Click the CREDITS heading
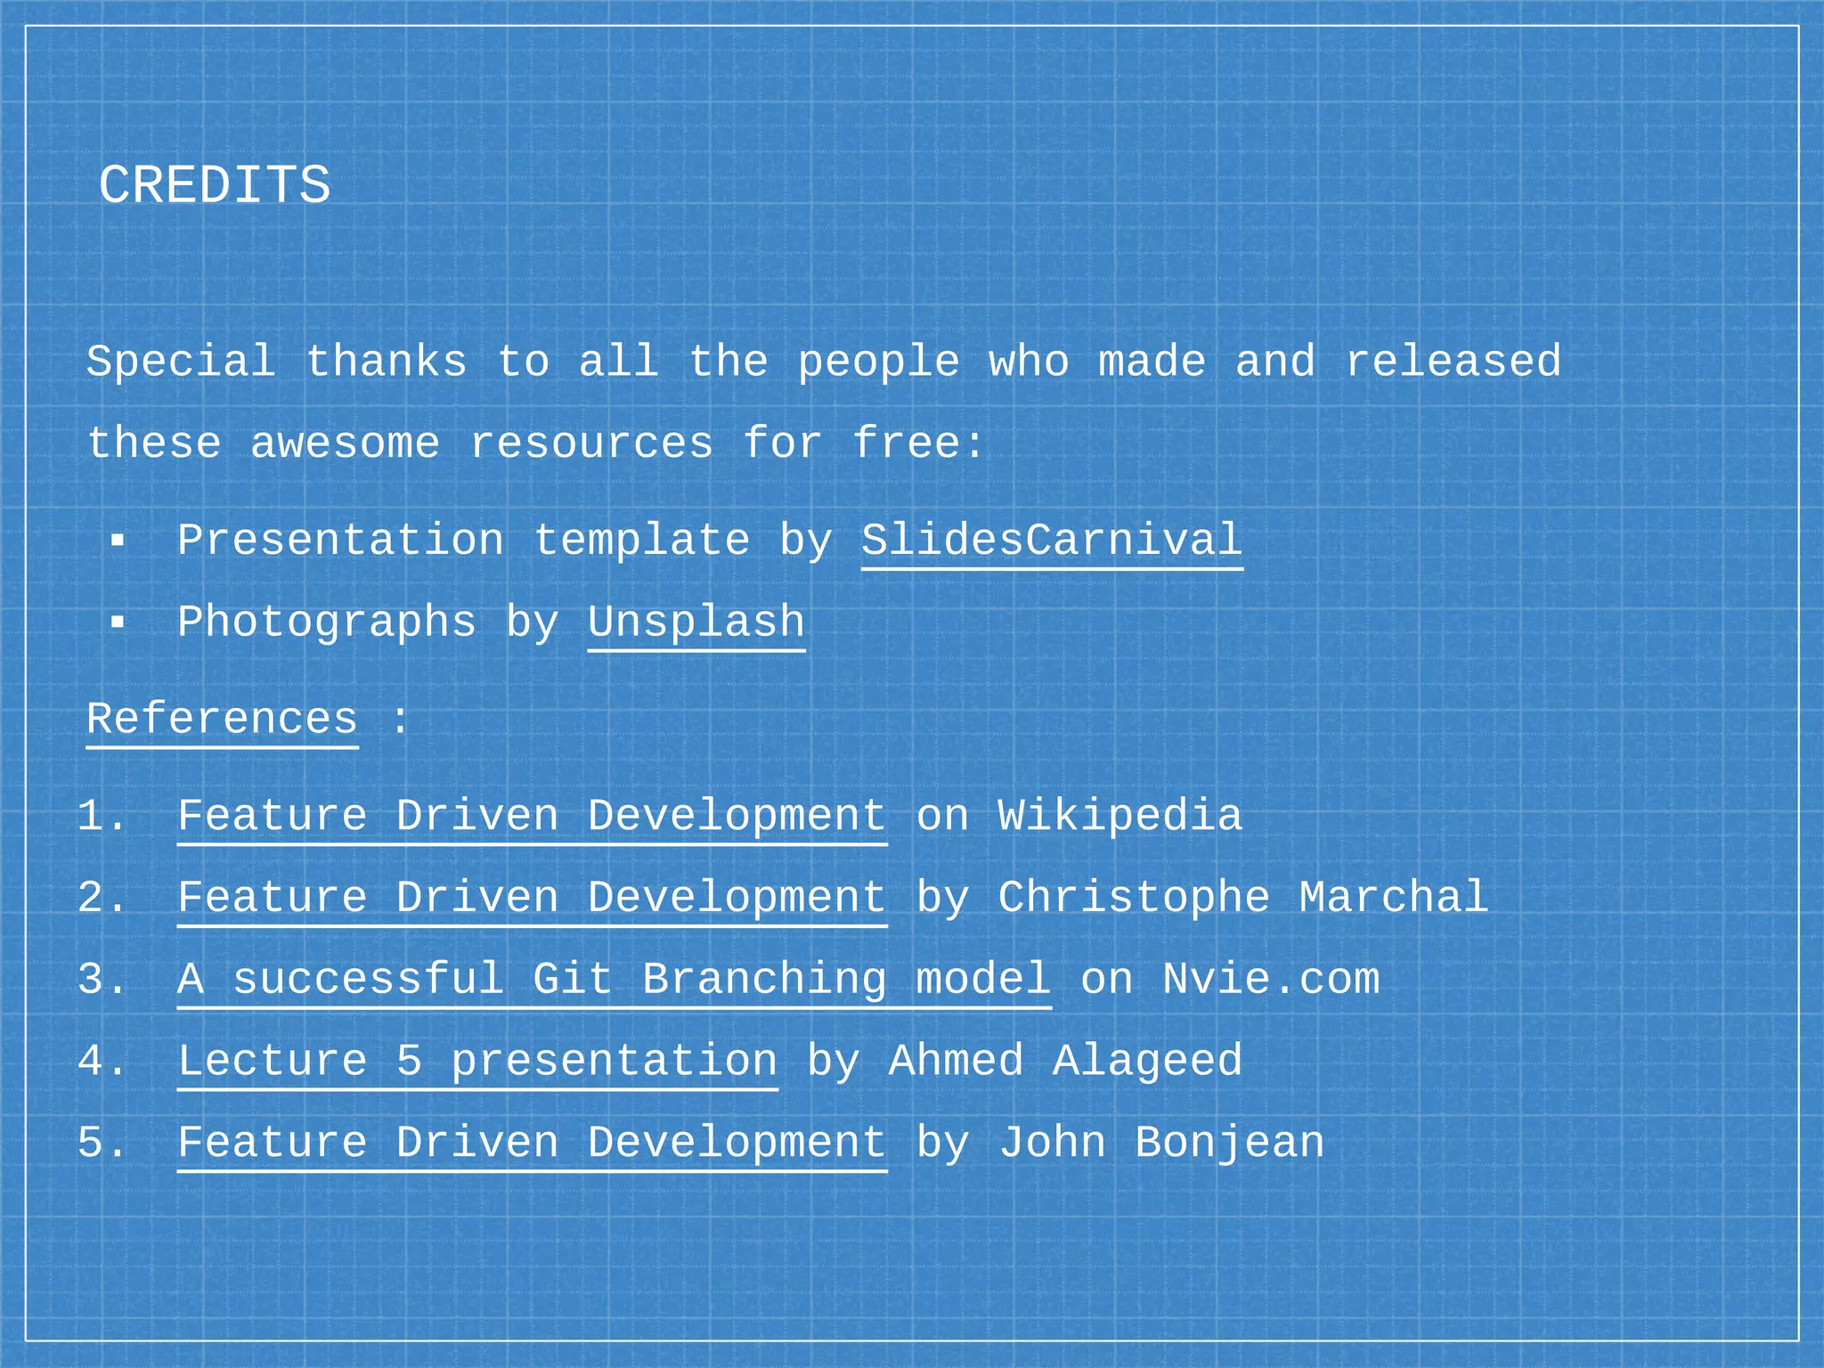(x=214, y=186)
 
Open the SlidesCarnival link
(x=1051, y=541)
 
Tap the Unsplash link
(x=696, y=623)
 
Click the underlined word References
(x=222, y=719)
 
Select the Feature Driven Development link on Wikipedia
(x=532, y=817)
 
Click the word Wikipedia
(x=1120, y=817)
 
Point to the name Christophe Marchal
(x=1242, y=898)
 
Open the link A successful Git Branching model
(x=614, y=980)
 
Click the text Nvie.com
(x=1271, y=980)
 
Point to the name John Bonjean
(x=1160, y=1143)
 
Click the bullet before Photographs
(x=118, y=623)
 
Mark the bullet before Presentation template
(x=118, y=541)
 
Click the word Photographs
(x=326, y=623)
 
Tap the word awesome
(x=345, y=444)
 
